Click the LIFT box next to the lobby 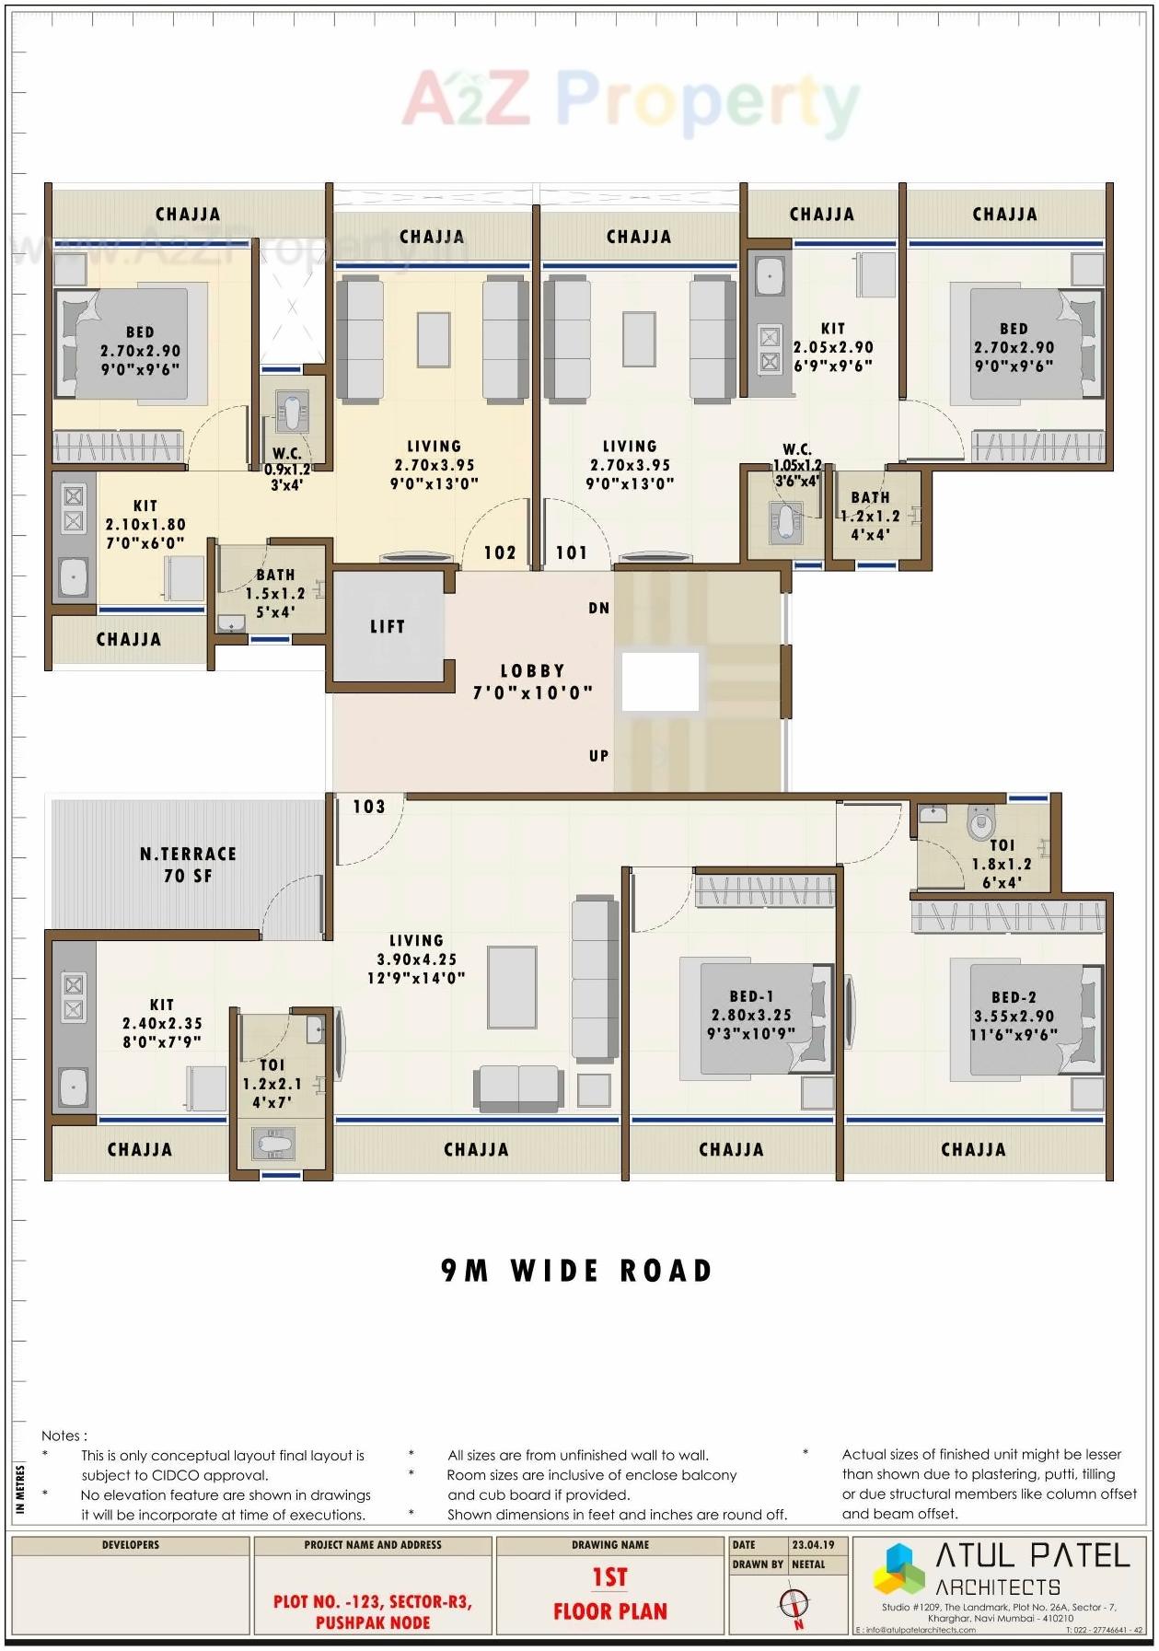click(x=388, y=627)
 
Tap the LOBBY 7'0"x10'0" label click(x=533, y=681)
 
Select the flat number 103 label click(x=369, y=807)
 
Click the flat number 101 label click(x=572, y=552)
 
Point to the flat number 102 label click(x=500, y=552)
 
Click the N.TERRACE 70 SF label click(x=188, y=865)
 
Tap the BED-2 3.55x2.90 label click(x=1014, y=1016)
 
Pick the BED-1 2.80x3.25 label click(x=750, y=1015)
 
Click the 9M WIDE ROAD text click(x=577, y=1271)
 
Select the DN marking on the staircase click(x=599, y=608)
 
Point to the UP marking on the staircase click(x=599, y=756)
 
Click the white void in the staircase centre click(x=660, y=681)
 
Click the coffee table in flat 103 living click(x=513, y=986)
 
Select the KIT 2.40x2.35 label click(x=162, y=1023)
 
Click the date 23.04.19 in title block click(x=813, y=1545)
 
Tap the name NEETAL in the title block click(x=808, y=1564)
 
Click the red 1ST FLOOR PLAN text click(x=609, y=1595)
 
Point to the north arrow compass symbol click(x=794, y=1604)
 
